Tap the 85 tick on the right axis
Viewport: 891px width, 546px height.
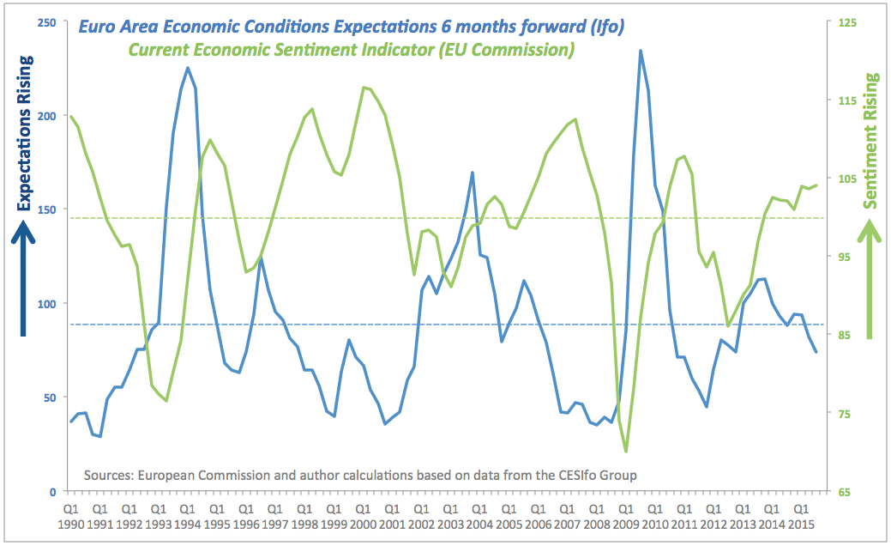(x=843, y=335)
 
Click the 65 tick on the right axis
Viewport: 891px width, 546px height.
(x=843, y=492)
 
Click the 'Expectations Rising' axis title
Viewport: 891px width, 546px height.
(x=25, y=133)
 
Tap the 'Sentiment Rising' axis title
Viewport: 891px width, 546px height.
(x=871, y=141)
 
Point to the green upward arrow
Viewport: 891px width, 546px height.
(x=871, y=279)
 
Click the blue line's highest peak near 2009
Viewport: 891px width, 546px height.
(x=641, y=51)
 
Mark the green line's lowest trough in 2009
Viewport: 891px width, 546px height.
(x=626, y=452)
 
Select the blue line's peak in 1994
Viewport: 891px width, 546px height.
(x=188, y=68)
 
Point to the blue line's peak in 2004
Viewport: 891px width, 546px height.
(x=473, y=173)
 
